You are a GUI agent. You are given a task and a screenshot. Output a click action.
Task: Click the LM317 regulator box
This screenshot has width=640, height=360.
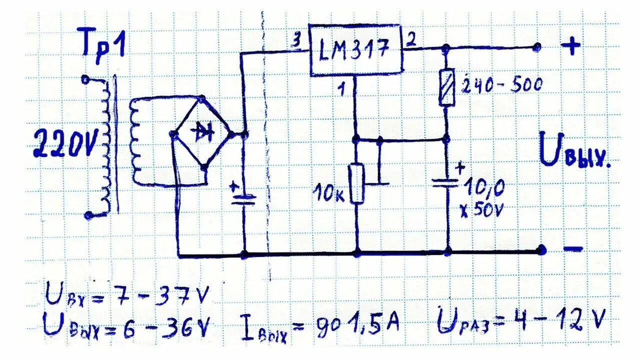(356, 50)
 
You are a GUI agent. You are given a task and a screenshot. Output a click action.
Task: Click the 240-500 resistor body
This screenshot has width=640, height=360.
(446, 87)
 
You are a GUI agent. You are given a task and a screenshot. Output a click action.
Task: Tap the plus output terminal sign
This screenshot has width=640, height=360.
(571, 47)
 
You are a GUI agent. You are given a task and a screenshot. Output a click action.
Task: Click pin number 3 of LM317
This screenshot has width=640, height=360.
(296, 42)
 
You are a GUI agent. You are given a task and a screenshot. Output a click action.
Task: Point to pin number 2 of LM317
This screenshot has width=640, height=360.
(411, 40)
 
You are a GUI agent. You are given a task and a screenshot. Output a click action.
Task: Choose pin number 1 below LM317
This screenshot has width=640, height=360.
(342, 90)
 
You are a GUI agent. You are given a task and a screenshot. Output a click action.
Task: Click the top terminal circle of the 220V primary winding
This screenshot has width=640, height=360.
(85, 78)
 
